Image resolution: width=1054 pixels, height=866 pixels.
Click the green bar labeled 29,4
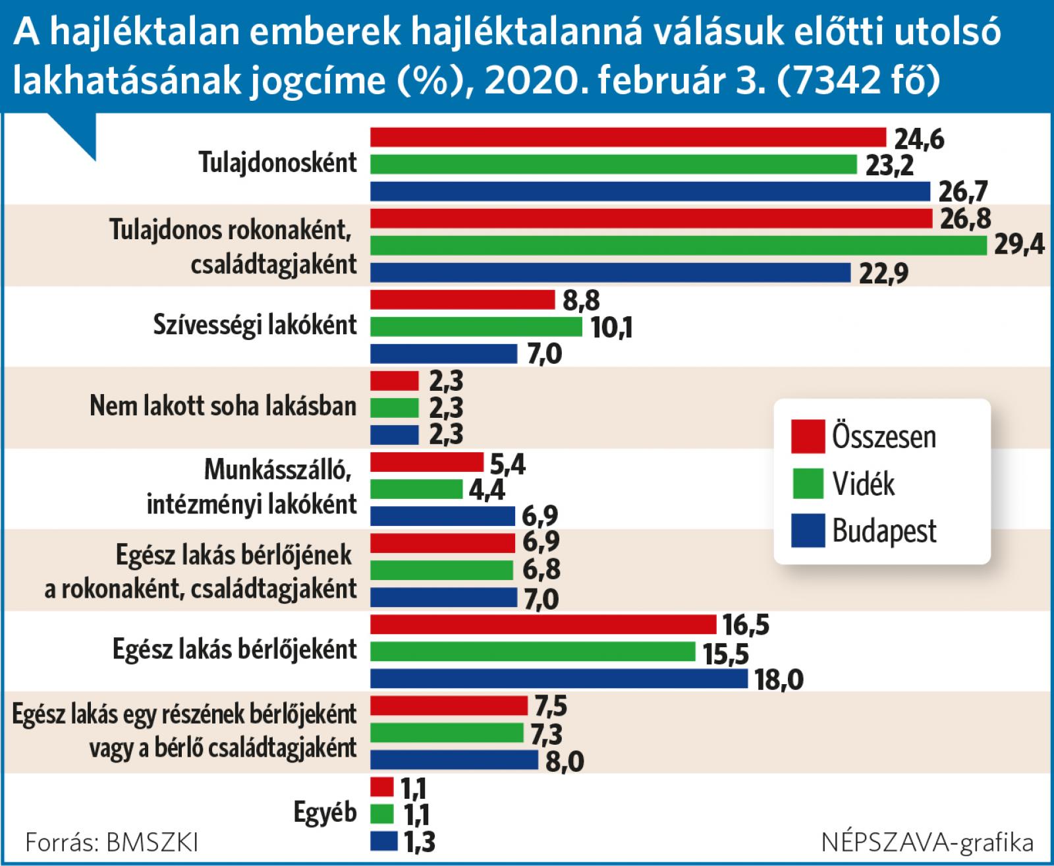(x=679, y=245)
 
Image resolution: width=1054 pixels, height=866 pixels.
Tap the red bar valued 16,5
(x=543, y=624)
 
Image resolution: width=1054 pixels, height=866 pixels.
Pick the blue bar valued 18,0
(x=559, y=679)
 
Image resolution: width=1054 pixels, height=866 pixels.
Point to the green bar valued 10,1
(x=476, y=327)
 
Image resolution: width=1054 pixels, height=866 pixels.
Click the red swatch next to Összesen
(x=808, y=436)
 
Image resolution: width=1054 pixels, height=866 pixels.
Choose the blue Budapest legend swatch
(x=808, y=531)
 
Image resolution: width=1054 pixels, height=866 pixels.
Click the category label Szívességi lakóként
(x=255, y=325)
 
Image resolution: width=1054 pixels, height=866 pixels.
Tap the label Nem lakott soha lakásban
(x=223, y=407)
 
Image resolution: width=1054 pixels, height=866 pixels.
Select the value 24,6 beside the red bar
(x=919, y=140)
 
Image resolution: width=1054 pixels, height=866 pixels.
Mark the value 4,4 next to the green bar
(x=489, y=491)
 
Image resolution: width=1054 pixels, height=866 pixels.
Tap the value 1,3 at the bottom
(x=419, y=843)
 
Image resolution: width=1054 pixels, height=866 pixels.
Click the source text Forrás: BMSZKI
(x=111, y=842)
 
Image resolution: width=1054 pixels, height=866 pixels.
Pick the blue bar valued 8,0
(x=455, y=760)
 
